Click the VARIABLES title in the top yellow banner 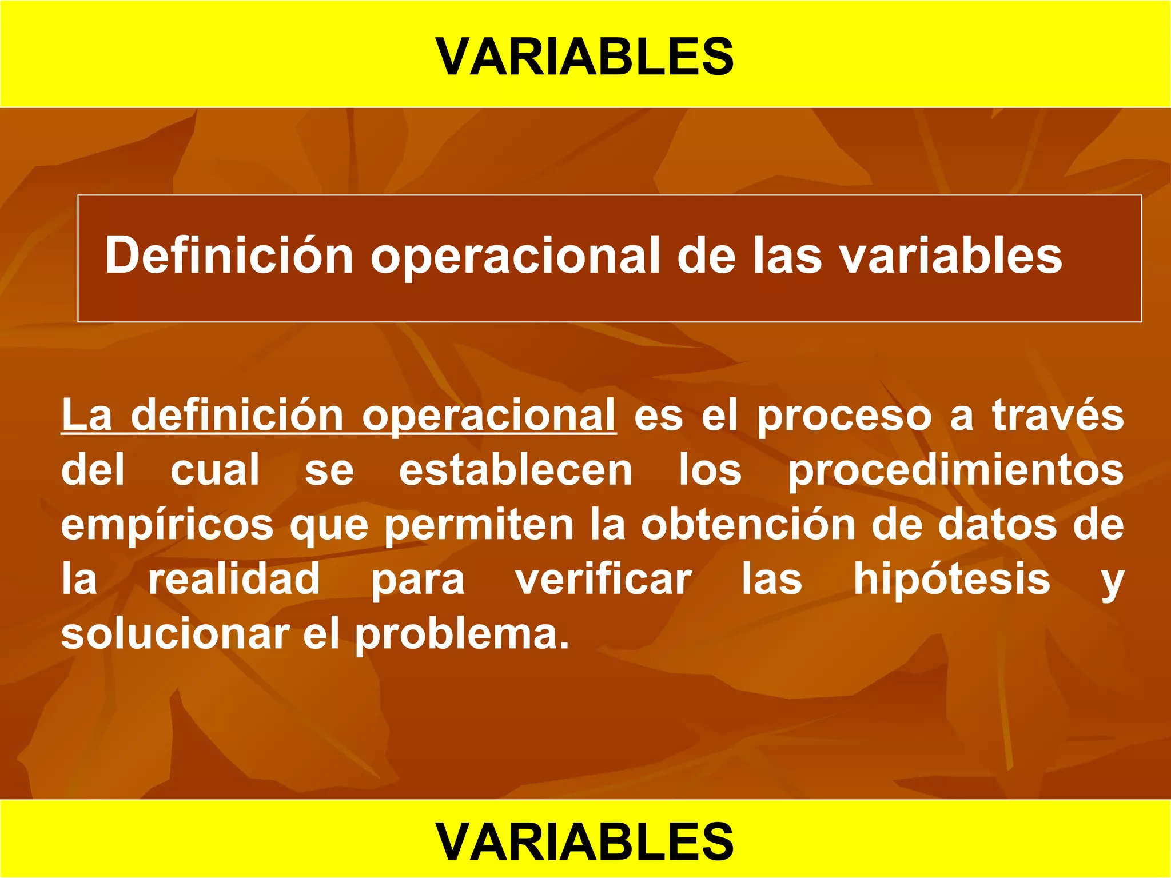[x=584, y=57]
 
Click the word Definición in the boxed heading [x=229, y=256]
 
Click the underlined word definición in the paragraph [x=237, y=415]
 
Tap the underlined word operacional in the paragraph [x=488, y=416]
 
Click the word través [x=1057, y=415]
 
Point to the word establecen [x=516, y=470]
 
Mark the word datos [x=997, y=525]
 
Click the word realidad [x=234, y=579]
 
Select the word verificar [x=604, y=580]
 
